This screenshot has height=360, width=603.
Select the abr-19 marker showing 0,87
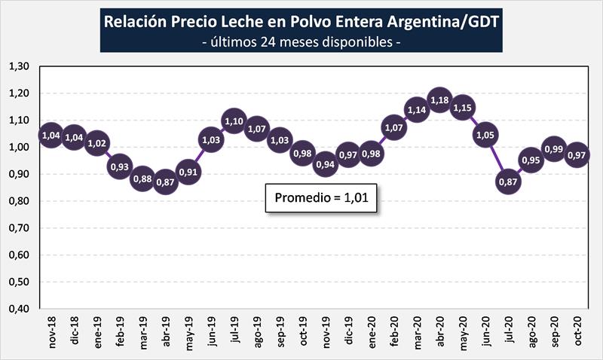(165, 183)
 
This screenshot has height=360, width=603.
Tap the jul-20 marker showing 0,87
(509, 183)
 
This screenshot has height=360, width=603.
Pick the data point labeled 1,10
(234, 121)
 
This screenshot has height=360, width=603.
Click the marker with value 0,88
(142, 180)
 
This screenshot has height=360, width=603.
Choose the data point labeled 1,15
(463, 108)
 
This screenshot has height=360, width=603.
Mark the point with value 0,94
(326, 164)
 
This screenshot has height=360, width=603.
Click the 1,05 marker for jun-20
(485, 135)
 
